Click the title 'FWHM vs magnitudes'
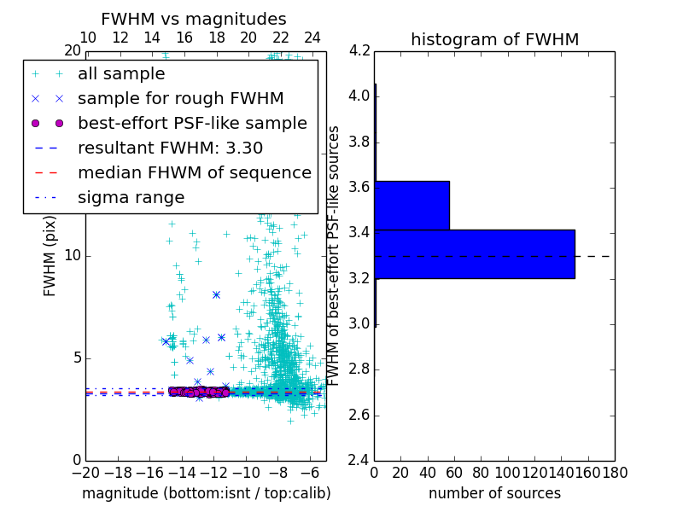point(193,20)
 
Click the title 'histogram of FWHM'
point(494,39)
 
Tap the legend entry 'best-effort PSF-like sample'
point(192,124)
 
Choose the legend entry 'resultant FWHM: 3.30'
point(169,148)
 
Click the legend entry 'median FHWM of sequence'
point(194,173)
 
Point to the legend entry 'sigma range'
point(131,198)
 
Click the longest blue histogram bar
point(474,253)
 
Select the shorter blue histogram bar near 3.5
point(412,205)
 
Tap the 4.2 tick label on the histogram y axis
point(359,50)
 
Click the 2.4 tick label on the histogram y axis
point(359,461)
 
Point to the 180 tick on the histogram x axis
point(615,472)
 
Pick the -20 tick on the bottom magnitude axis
point(85,472)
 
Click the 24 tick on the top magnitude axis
point(312,38)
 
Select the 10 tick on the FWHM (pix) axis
point(73,255)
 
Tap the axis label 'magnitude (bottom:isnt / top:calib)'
point(206,493)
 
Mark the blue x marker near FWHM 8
point(216,295)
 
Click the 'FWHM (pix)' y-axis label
point(50,255)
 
